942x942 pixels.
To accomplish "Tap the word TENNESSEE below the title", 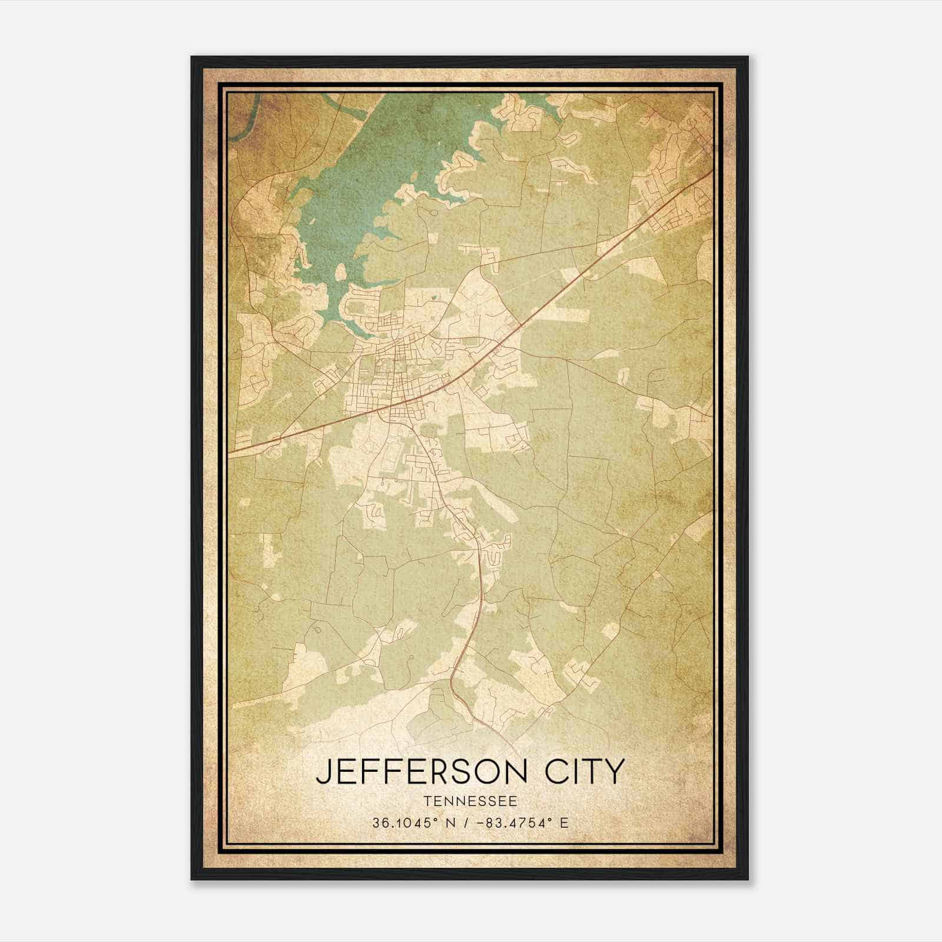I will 470,801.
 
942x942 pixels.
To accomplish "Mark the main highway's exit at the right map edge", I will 711,172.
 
